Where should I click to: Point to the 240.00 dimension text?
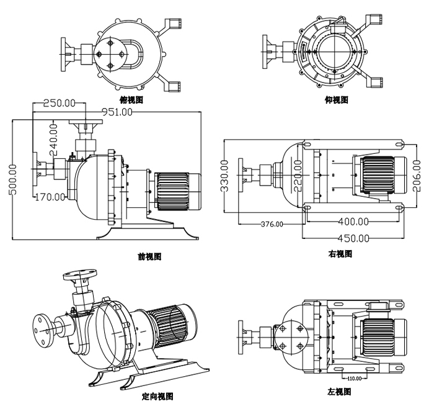[x=54, y=140]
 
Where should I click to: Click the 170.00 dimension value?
[x=50, y=197]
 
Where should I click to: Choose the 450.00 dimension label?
[x=352, y=238]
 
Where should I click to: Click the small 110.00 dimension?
[x=353, y=377]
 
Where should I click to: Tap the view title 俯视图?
[x=131, y=99]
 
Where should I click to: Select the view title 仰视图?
[x=337, y=99]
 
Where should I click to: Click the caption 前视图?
[x=149, y=256]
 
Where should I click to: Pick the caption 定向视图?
[x=157, y=396]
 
